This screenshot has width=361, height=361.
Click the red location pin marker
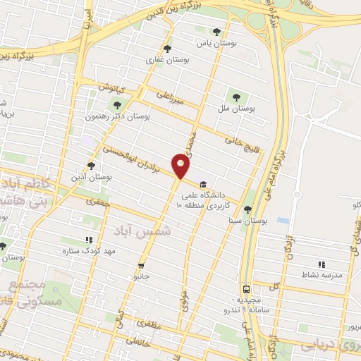pos(181,166)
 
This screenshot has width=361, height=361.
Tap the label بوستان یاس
pos(214,44)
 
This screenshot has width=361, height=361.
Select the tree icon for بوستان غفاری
pos(167,49)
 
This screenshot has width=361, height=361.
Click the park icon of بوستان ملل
pos(235,97)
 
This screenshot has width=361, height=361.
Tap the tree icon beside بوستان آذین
pos(91,165)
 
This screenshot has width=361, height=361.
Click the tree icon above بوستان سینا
pos(247,209)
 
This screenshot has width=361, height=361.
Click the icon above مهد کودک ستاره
pos(89,240)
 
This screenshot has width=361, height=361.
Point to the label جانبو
pos(142,276)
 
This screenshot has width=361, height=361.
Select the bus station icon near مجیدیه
pos(246,289)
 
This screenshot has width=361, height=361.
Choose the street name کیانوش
pos(111,88)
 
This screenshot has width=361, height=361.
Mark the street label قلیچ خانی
pos(238,140)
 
